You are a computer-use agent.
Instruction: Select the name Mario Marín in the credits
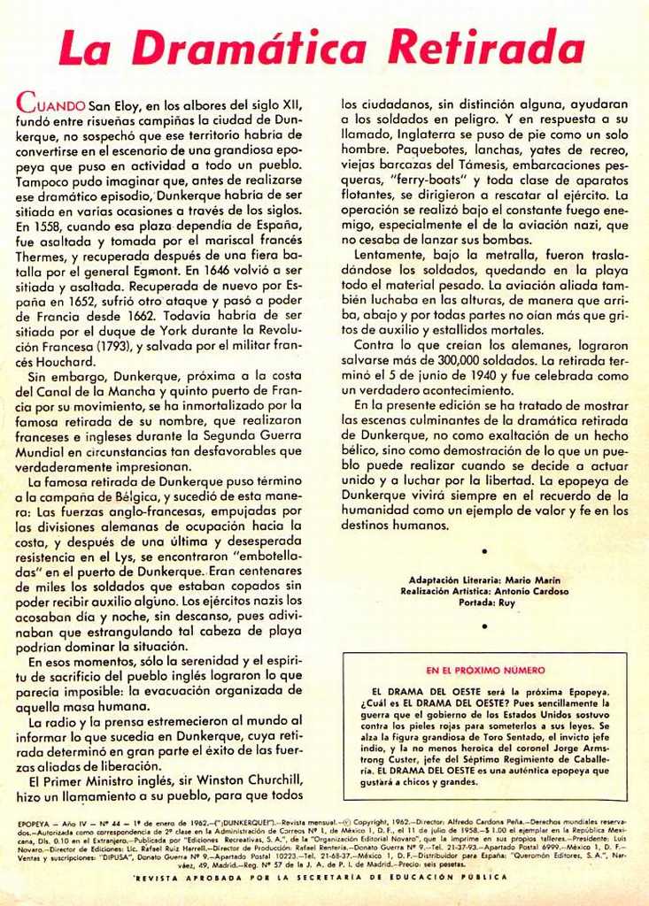coord(529,579)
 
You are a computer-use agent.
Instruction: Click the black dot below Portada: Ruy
coord(484,626)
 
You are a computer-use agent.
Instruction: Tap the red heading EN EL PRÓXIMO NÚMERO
coord(485,671)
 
